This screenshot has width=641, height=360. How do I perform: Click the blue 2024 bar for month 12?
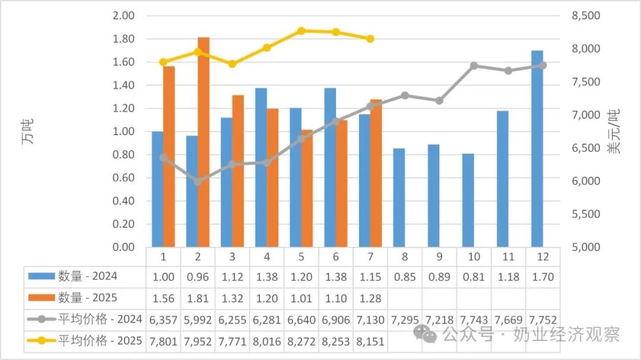coord(537,148)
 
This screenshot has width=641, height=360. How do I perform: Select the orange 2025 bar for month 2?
coord(204,142)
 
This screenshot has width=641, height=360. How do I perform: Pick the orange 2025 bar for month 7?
coord(376,173)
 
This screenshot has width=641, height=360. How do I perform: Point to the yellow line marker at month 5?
coord(301,31)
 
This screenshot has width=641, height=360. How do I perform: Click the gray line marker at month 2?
coord(198,181)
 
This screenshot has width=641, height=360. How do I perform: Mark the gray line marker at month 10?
coord(474,66)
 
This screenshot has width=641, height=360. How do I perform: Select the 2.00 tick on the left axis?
coord(123,15)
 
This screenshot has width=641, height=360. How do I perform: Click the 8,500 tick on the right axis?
coord(584,15)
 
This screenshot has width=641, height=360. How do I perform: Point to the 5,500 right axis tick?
coord(584,214)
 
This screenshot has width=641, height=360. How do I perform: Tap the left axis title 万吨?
coord(28,131)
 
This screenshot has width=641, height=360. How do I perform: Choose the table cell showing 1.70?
coord(542,276)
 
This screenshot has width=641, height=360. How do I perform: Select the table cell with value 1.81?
coord(198,298)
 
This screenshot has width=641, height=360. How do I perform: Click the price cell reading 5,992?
coord(198,319)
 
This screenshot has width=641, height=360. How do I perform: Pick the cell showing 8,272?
coord(301,341)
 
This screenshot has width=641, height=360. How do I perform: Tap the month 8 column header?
coord(404,256)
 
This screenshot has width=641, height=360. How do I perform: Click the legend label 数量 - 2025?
coord(87,298)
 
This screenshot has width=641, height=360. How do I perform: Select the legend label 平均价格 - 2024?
coord(100,319)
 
